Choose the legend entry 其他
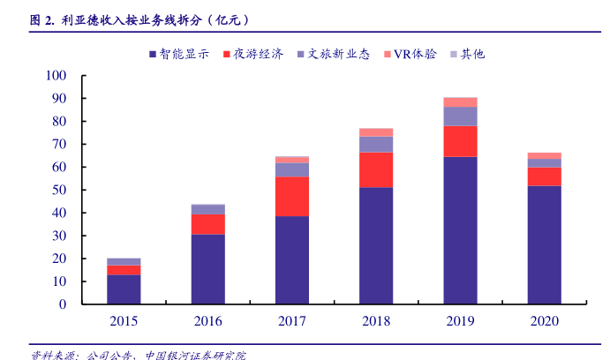click(x=472, y=54)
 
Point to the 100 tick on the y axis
click(x=56, y=76)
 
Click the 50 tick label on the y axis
click(x=59, y=190)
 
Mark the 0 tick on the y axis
click(x=63, y=304)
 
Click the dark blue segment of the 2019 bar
click(x=460, y=230)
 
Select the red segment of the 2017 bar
click(x=291, y=196)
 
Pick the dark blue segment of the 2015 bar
click(x=124, y=289)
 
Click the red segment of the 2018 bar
click(x=376, y=169)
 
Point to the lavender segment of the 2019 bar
click(x=460, y=116)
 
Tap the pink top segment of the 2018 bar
click(x=376, y=132)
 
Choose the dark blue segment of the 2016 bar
click(x=207, y=269)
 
